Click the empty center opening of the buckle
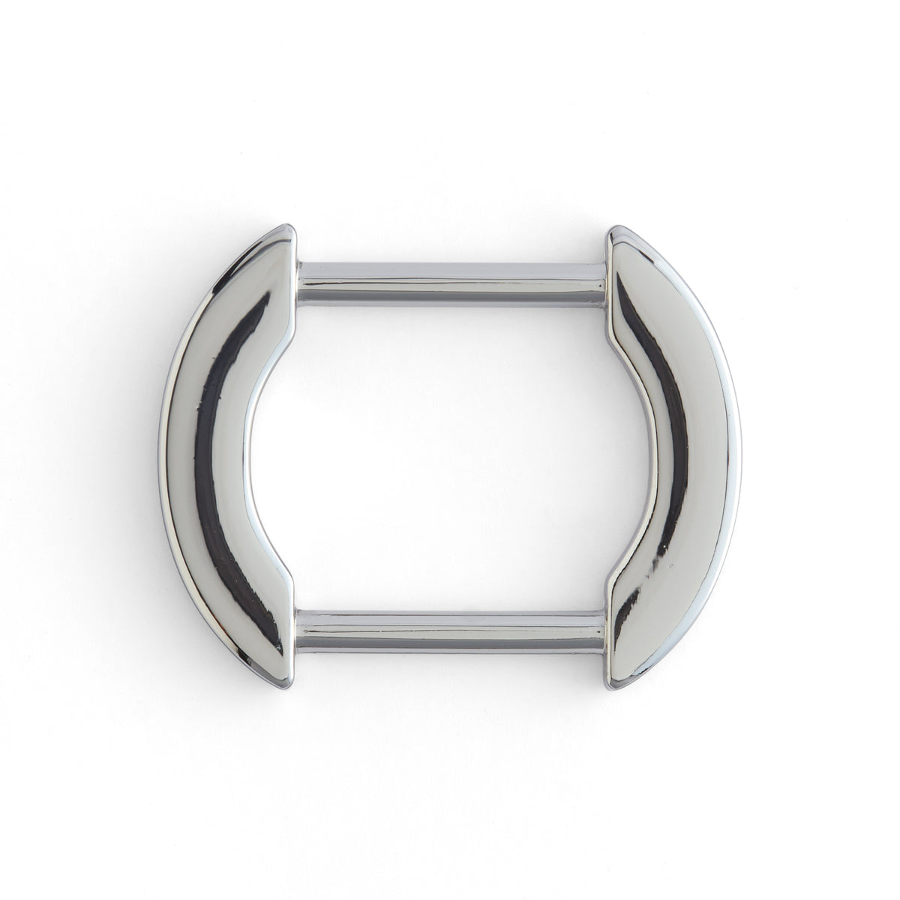(x=450, y=450)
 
